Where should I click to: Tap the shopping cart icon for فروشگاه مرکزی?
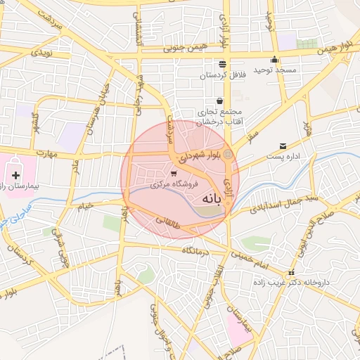[174, 173]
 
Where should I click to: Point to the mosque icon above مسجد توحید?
[274, 60]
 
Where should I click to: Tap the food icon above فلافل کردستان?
[222, 64]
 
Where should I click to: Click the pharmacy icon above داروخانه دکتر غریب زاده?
[291, 273]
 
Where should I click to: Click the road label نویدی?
[39, 53]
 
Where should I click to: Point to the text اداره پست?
[283, 156]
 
